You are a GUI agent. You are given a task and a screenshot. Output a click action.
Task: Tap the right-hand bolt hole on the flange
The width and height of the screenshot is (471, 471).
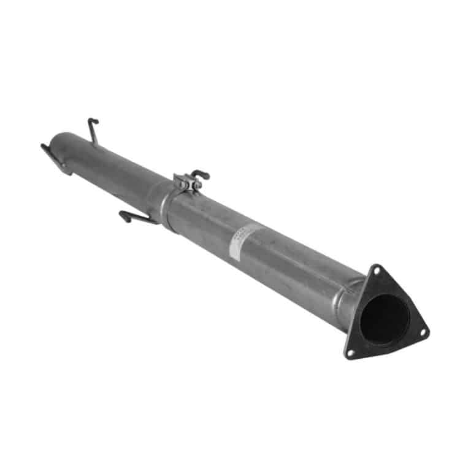click(x=422, y=332)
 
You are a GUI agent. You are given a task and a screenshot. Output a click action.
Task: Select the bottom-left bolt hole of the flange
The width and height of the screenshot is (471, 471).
click(x=350, y=352)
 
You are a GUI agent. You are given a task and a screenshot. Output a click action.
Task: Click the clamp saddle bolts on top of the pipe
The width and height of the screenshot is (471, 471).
click(x=188, y=182)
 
